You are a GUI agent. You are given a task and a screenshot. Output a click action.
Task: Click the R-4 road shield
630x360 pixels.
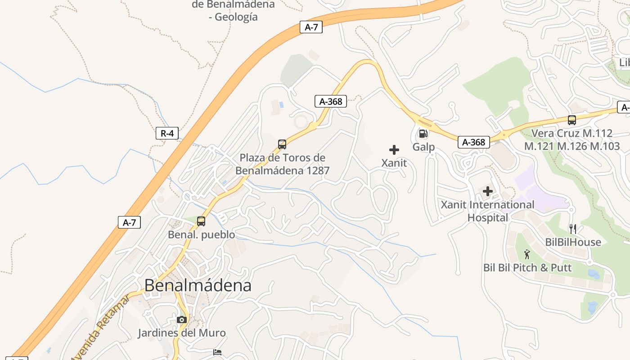click(x=167, y=133)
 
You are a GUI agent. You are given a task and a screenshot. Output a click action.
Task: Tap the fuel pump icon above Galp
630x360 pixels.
click(x=423, y=133)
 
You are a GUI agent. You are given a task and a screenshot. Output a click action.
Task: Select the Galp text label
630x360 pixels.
click(x=423, y=147)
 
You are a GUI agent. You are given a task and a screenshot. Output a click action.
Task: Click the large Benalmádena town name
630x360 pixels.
click(x=198, y=285)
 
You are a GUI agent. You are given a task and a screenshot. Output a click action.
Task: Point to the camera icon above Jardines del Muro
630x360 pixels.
click(x=182, y=319)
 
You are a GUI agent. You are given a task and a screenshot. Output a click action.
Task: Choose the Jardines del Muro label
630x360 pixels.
click(x=182, y=333)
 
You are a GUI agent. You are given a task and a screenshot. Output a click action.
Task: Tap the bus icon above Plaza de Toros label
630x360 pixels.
click(x=282, y=144)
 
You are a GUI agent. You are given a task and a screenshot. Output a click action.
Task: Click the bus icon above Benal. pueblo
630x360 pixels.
click(x=201, y=221)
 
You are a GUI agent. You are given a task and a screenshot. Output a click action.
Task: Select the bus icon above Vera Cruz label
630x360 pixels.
click(x=572, y=120)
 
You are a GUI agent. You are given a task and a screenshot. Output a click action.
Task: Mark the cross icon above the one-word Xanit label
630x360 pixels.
click(x=394, y=150)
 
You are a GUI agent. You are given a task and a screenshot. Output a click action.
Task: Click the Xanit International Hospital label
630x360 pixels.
click(x=488, y=211)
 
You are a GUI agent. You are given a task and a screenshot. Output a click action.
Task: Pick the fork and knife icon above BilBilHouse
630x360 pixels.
click(x=573, y=229)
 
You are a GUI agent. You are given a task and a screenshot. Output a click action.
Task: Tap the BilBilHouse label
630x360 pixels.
click(x=573, y=242)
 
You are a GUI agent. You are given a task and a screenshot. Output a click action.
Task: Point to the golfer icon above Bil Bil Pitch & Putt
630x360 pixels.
click(x=527, y=254)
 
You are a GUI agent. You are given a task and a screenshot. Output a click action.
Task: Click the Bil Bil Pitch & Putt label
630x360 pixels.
click(x=527, y=268)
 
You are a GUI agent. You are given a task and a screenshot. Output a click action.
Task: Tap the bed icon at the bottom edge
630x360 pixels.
click(x=217, y=352)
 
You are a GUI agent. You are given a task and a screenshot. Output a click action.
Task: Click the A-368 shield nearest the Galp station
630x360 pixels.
click(x=474, y=142)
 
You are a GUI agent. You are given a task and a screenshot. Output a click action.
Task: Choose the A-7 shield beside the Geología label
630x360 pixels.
click(x=311, y=27)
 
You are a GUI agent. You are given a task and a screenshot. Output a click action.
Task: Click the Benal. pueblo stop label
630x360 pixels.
click(x=201, y=235)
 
